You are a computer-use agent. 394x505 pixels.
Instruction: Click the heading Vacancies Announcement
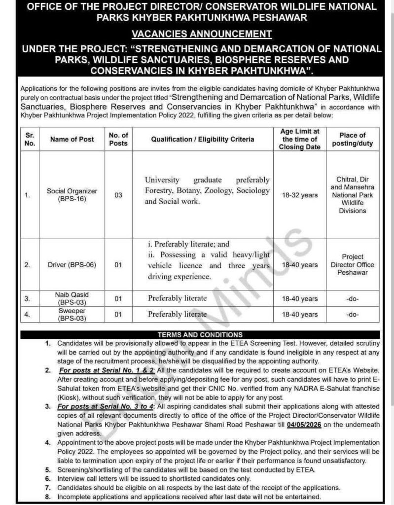[201, 34]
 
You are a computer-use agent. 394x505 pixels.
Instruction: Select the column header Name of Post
[72, 139]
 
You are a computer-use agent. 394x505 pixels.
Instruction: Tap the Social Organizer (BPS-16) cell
[72, 195]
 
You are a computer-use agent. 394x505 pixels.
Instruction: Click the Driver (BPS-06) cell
[72, 265]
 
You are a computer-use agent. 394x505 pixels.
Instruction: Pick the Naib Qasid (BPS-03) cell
[72, 298]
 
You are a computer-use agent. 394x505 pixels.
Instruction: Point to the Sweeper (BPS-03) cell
[72, 314]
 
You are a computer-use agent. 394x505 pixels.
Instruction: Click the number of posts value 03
[118, 195]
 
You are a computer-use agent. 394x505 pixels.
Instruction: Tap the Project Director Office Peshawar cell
[352, 264]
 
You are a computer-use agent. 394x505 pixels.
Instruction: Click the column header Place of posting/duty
[352, 139]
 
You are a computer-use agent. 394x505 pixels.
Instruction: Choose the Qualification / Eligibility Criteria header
[203, 139]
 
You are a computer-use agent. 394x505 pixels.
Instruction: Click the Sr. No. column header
[30, 139]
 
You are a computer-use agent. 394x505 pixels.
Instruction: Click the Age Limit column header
[299, 139]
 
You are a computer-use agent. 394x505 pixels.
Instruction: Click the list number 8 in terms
[48, 497]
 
